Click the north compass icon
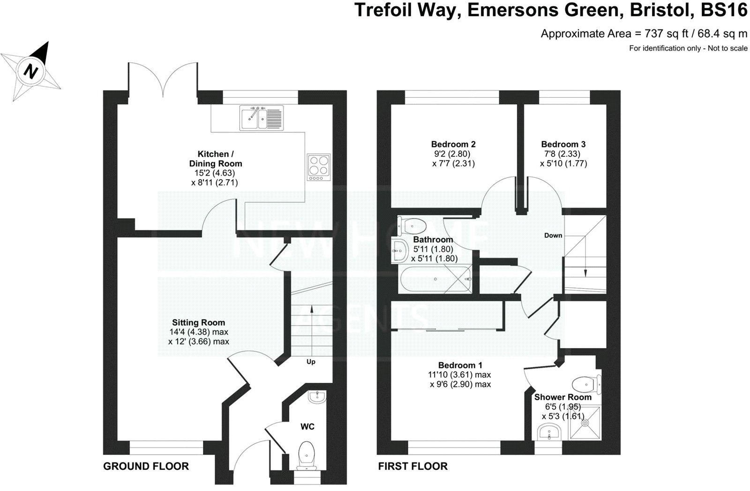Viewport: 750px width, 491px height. point(31,71)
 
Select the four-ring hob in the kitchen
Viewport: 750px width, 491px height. point(319,167)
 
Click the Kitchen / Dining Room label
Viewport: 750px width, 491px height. point(216,159)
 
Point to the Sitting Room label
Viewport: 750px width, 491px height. point(198,322)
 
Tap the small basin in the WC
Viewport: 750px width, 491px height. point(317,397)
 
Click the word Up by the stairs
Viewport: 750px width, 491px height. point(311,361)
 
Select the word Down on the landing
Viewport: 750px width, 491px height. point(553,235)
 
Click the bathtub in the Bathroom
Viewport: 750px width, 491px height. point(435,279)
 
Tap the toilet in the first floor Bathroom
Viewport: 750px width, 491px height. point(411,226)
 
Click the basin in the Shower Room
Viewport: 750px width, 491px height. point(549,432)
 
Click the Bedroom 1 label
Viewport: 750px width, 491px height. point(460,365)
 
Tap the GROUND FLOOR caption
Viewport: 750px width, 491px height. point(146,466)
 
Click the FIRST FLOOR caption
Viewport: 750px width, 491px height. point(412,466)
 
